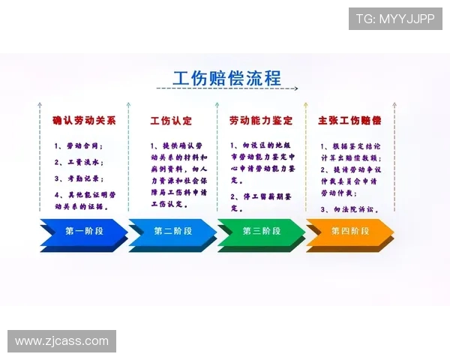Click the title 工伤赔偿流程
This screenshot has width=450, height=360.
click(226, 78)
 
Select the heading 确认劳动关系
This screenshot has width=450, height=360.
click(84, 121)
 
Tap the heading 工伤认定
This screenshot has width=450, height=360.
click(171, 121)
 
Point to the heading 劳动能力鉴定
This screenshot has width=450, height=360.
click(260, 121)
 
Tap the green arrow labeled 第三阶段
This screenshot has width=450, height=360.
click(261, 232)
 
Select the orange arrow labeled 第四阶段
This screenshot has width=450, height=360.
click(350, 232)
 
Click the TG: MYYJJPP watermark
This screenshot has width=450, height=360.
click(394, 19)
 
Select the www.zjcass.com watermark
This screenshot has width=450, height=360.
click(62, 341)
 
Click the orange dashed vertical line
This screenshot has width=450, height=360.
click(305, 165)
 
